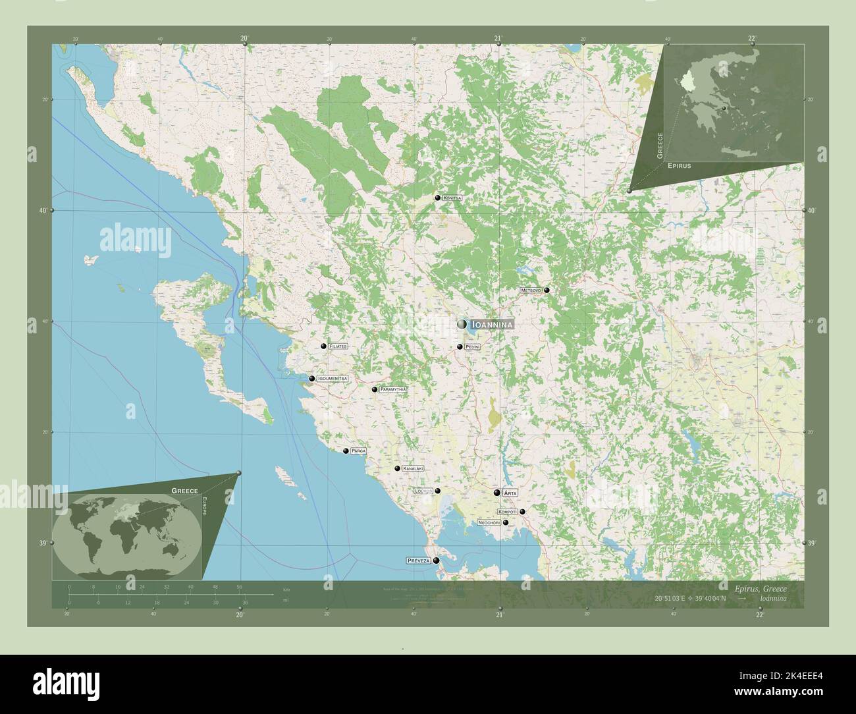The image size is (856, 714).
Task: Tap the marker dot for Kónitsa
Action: coord(437,198)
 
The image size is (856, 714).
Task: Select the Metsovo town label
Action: coord(530,290)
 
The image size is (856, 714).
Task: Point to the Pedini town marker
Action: coord(460,346)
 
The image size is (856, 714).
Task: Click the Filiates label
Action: coord(338,346)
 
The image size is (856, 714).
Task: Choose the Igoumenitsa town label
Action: coord(332,379)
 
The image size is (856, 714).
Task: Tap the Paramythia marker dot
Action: coord(375,389)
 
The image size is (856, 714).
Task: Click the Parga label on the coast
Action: coord(358,451)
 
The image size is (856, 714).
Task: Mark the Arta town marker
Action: coord(497,493)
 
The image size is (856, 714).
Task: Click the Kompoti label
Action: coord(508,512)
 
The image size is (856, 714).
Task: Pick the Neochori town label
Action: coord(489,522)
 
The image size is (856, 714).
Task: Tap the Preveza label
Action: coord(418,561)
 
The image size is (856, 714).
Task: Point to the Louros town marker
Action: coord(437,491)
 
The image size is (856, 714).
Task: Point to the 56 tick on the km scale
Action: coord(240,586)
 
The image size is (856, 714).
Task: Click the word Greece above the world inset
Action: coord(185,491)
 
